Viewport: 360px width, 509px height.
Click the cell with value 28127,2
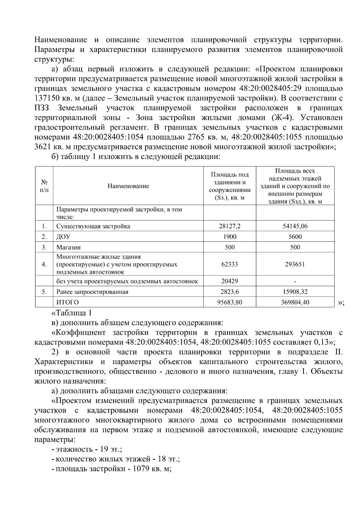point(229,226)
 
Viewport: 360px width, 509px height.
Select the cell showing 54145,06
point(295,226)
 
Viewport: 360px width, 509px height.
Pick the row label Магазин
point(68,247)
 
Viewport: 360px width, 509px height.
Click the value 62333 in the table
point(229,264)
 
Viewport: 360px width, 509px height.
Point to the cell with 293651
point(295,264)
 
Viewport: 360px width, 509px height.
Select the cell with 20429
point(229,281)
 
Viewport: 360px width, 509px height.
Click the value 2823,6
point(229,292)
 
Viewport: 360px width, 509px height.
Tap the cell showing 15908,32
point(295,292)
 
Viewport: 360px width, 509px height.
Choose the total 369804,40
point(295,302)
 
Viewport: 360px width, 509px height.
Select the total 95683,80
point(229,302)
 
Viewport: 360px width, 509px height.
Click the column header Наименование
point(128,186)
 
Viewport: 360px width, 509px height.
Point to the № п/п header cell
point(44,186)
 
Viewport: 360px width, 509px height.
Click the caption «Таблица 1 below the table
point(72,313)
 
